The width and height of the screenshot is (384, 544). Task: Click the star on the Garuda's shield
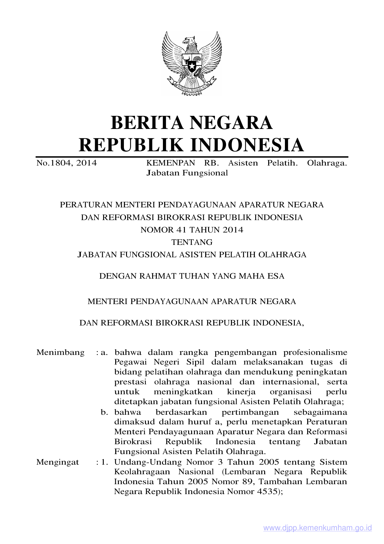pos(192,66)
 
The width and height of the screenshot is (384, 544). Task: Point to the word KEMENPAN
pos(171,163)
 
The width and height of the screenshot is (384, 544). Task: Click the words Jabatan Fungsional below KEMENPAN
pos(187,173)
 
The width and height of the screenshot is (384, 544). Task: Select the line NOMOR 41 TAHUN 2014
pos(192,230)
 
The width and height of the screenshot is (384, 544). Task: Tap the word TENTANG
pos(192,242)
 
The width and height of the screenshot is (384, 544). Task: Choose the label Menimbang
pos(60,352)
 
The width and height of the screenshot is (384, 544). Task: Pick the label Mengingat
pos(58,462)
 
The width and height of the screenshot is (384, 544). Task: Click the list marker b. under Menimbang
pos(104,412)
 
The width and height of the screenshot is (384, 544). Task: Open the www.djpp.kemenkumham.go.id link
pos(317,528)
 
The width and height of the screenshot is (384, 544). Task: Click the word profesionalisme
pos(315,352)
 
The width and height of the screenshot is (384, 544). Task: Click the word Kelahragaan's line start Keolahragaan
pos(142,472)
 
